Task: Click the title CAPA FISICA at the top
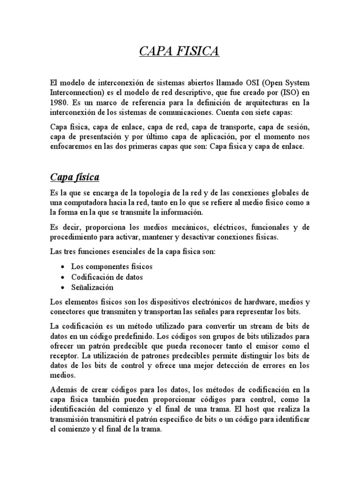pyautogui.click(x=180, y=51)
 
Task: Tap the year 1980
pyautogui.click(x=59, y=102)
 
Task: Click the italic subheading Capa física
pyautogui.click(x=74, y=177)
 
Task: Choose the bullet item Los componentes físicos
pyautogui.click(x=112, y=267)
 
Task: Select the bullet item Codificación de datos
pyautogui.click(x=107, y=277)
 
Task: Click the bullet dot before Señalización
pyautogui.click(x=62, y=287)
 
